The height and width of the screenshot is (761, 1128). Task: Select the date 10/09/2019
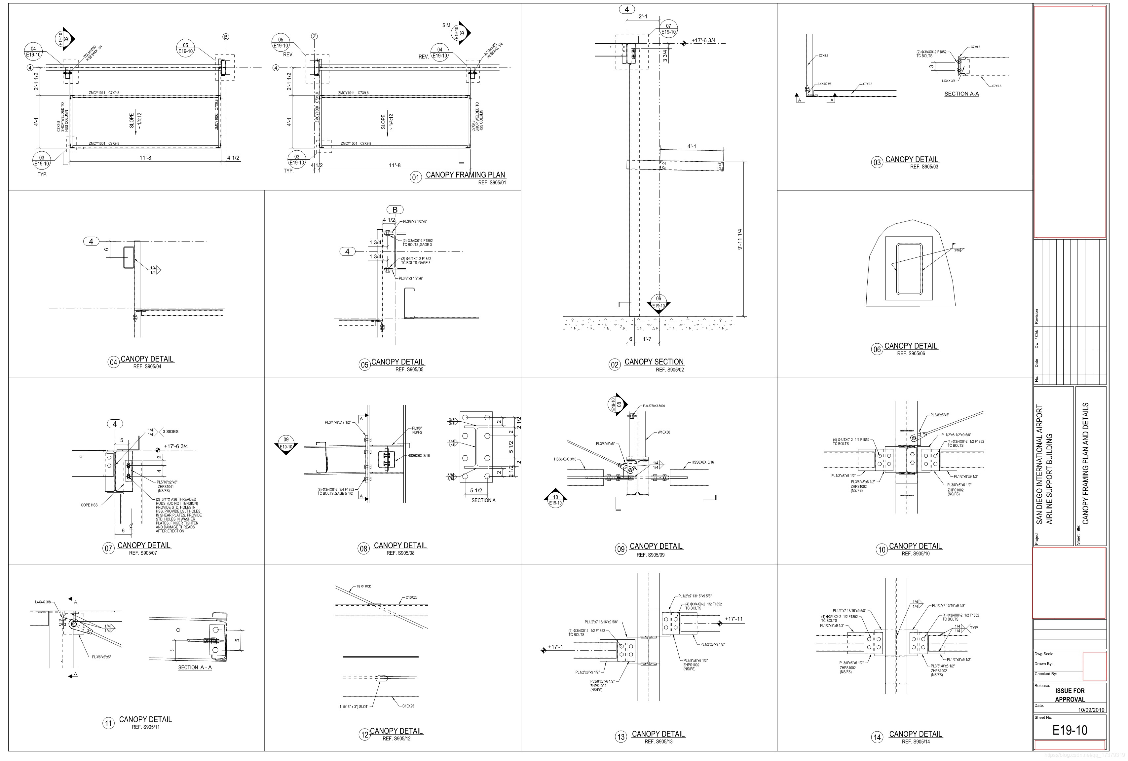[x=1091, y=709]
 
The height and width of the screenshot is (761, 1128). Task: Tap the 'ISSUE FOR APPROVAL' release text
[x=1070, y=695]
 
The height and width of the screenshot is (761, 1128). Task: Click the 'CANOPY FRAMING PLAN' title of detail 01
[x=465, y=175]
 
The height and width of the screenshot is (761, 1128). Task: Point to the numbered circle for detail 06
[x=877, y=350]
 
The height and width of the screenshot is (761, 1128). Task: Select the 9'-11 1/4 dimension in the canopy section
[x=740, y=239]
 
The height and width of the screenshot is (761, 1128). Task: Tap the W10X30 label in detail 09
[x=664, y=432]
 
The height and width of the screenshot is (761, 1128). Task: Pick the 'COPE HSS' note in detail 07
[x=89, y=505]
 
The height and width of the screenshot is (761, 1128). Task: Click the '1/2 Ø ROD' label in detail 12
[x=364, y=586]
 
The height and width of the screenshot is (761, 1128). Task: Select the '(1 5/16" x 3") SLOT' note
[x=353, y=706]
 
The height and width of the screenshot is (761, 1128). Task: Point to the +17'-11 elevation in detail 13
[x=733, y=619]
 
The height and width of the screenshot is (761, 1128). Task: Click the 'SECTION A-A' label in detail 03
[x=961, y=94]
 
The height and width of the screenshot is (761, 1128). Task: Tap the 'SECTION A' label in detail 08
[x=483, y=500]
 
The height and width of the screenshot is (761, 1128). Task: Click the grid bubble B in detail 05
[x=395, y=209]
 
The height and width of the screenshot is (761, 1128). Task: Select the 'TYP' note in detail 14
[x=974, y=628]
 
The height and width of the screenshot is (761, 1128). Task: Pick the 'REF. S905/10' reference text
[x=916, y=553]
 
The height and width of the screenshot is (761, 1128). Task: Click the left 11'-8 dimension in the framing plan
[x=145, y=158]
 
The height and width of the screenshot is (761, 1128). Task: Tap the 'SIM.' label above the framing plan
[x=446, y=25]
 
